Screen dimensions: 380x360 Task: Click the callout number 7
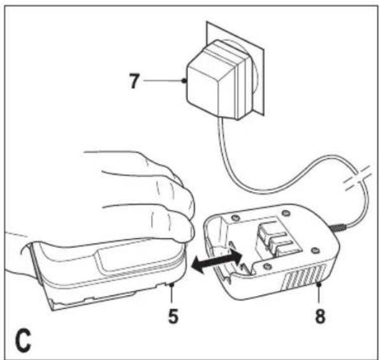point(134,81)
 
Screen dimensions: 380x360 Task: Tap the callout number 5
point(173,316)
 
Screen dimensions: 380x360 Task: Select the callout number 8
point(320,316)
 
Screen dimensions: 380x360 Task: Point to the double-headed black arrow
point(216,260)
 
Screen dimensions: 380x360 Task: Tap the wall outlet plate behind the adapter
point(235,68)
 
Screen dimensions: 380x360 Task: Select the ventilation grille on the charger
point(304,277)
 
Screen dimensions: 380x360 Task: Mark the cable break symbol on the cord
point(358,178)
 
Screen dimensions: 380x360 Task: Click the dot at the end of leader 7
point(184,81)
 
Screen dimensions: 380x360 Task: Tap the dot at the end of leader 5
point(172,284)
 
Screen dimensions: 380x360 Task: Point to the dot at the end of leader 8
point(319,283)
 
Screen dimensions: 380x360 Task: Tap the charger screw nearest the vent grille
point(314,250)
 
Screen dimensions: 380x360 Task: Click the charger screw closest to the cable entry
point(286,213)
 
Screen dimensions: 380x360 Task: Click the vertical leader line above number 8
point(319,294)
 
